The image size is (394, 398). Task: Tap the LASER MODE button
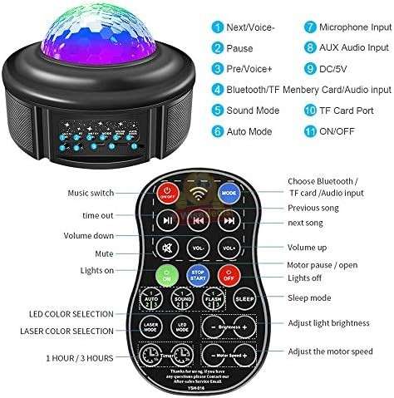pyautogui.click(x=151, y=327)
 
